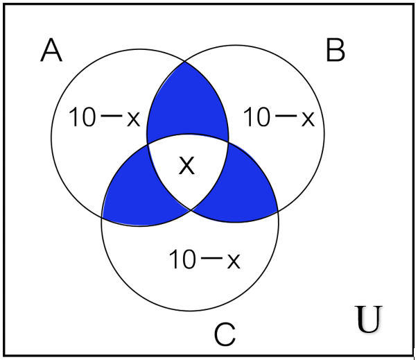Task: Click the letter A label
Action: coord(51,50)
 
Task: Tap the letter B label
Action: coord(336,50)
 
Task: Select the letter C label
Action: coord(225,334)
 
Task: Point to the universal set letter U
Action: coord(369,319)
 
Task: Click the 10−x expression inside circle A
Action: coord(104,117)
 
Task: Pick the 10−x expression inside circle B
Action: coord(279,117)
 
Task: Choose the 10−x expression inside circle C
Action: coord(204,259)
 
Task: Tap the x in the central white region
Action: coord(187,166)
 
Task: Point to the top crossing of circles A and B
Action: coord(185,62)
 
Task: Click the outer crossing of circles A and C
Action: coord(102,217)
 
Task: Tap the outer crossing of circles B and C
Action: coord(278,212)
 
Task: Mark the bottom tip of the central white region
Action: coord(191,210)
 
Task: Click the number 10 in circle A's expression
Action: coord(82,117)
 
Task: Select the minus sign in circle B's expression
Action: coord(286,116)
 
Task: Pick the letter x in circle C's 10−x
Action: coord(234,261)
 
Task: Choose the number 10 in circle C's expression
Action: coord(182,259)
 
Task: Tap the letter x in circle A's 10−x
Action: coord(134,119)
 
